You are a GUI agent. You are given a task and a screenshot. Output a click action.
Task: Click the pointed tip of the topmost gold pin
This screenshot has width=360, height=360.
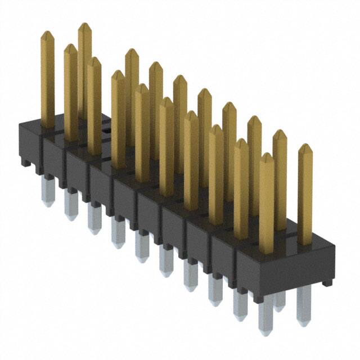(x=84, y=25)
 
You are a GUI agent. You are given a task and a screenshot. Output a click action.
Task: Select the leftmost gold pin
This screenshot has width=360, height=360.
(x=47, y=79)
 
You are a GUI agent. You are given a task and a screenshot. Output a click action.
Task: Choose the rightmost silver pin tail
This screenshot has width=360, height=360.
(x=304, y=307)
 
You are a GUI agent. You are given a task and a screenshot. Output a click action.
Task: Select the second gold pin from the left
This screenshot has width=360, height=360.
(x=70, y=93)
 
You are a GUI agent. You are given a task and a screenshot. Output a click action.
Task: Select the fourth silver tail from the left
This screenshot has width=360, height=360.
(x=118, y=234)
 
